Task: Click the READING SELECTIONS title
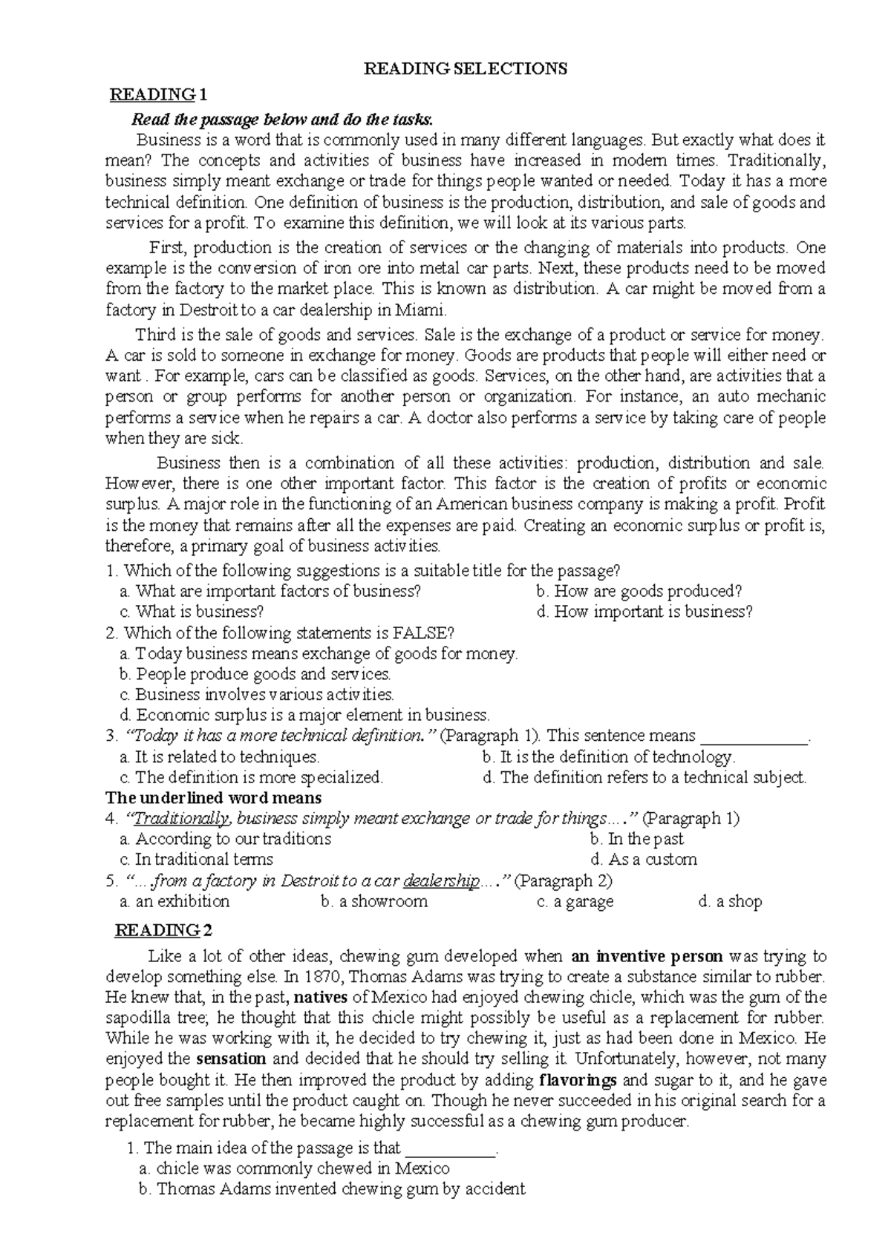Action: click(x=465, y=69)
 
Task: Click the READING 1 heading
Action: click(x=159, y=95)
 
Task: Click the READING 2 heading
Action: click(x=163, y=930)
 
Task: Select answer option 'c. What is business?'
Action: click(x=192, y=612)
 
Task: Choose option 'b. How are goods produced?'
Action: click(x=639, y=591)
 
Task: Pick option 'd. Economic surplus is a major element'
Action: click(x=304, y=716)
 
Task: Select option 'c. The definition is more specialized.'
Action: click(x=251, y=777)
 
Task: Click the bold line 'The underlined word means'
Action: click(x=214, y=798)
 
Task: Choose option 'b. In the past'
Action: click(x=636, y=839)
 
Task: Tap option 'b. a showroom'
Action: click(x=374, y=901)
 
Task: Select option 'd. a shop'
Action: click(x=730, y=901)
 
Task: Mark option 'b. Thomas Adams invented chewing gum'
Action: click(x=332, y=1188)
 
